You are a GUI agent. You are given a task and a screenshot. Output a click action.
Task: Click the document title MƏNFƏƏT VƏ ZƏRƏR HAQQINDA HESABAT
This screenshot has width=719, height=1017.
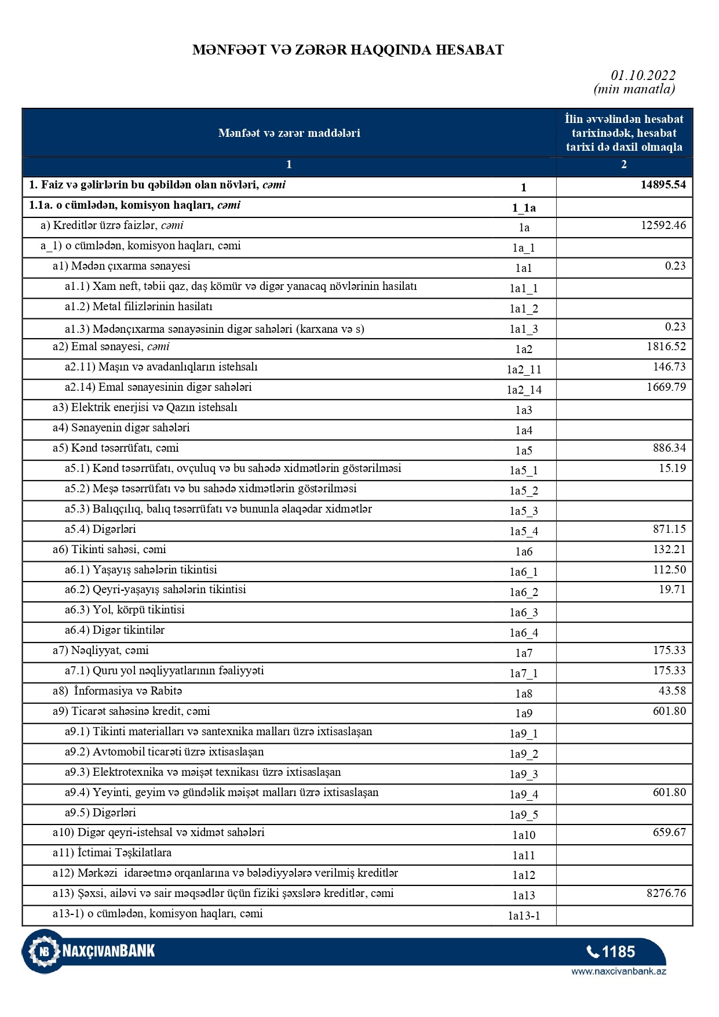point(348,50)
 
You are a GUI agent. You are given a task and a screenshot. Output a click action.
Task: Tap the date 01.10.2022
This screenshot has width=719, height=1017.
point(643,75)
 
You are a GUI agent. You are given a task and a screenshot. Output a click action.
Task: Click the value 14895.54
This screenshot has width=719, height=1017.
point(663,185)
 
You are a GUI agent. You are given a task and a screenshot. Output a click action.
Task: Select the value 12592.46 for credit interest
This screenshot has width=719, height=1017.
point(663,226)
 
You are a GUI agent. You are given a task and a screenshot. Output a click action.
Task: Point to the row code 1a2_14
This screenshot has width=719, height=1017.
point(524,390)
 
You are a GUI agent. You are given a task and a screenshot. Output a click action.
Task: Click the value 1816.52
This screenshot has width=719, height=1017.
point(666,347)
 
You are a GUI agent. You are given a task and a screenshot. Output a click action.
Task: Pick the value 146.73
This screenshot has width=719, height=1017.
point(669,367)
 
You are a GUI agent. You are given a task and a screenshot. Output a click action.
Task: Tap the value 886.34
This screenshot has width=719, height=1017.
point(669,448)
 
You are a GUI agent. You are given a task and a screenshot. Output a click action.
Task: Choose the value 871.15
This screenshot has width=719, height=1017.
point(669,529)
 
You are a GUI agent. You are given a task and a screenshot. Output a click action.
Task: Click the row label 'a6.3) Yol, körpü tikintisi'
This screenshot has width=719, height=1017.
point(125,610)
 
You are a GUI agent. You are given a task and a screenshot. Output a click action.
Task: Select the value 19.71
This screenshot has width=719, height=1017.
point(672,590)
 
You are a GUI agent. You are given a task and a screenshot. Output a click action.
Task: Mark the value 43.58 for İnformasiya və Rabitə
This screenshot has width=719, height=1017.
point(672,691)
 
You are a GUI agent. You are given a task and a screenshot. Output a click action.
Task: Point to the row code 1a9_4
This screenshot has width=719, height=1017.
point(524,795)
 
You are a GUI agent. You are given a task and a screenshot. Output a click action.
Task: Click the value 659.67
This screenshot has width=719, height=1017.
point(669,833)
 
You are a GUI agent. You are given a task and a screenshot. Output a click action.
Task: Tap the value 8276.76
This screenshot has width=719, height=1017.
point(666,893)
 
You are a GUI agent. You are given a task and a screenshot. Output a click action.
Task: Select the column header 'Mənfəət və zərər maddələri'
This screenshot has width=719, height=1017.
point(289,133)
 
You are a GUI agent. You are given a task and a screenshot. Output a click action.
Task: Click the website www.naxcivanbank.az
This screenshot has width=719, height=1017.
point(618,972)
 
